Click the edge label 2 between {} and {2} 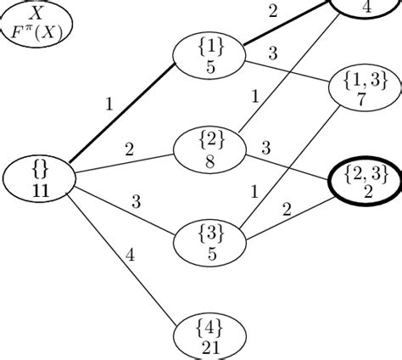(130, 149)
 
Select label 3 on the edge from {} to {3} (135, 201)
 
